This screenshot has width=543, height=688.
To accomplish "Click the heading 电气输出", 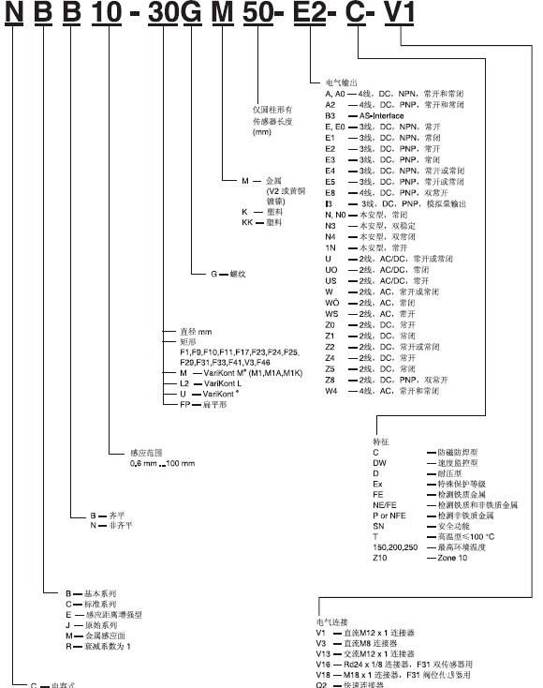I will (x=338, y=83).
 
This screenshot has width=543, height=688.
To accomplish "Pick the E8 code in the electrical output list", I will (x=330, y=191).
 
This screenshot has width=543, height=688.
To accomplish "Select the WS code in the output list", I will (x=331, y=314).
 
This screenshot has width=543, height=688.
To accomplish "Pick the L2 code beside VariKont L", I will (x=184, y=384).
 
